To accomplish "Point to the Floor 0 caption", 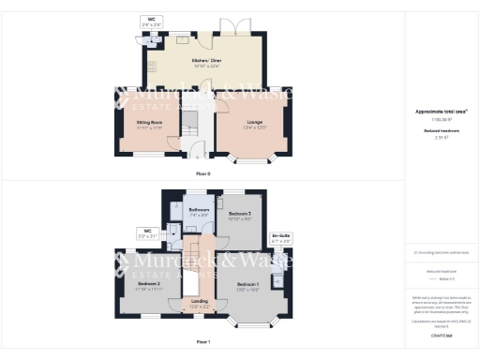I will click(x=203, y=174).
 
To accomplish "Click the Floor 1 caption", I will click(x=203, y=341).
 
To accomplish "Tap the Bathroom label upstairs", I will click(x=199, y=212).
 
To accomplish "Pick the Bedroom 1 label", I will click(x=247, y=285).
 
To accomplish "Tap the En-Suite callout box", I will click(x=281, y=238).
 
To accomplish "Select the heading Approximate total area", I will click(x=441, y=111).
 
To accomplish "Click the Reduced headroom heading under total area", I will click(x=441, y=130).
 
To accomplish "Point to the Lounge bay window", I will click(x=250, y=160).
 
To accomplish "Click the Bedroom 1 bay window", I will click(x=251, y=327).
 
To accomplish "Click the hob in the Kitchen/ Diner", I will click(x=149, y=66).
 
